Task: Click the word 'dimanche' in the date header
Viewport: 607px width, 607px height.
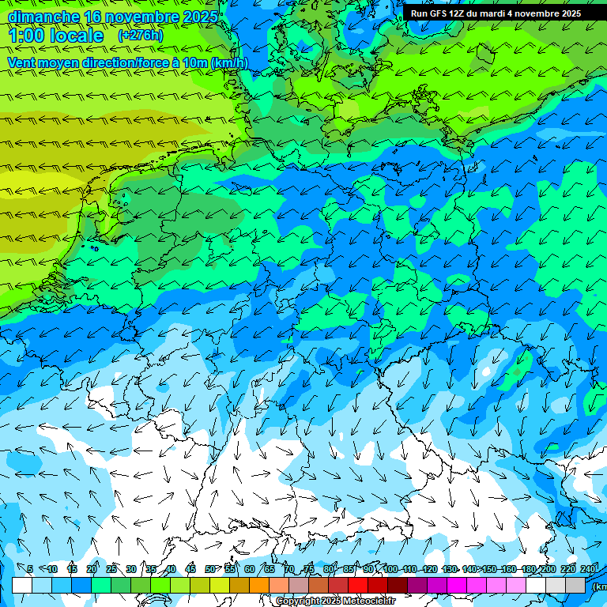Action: (x=43, y=17)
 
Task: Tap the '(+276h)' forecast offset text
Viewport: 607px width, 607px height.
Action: (x=141, y=36)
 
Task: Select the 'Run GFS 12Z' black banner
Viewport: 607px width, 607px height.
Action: (x=496, y=13)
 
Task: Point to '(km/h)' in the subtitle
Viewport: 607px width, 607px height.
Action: (x=228, y=62)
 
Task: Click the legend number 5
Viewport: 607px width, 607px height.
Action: (x=30, y=569)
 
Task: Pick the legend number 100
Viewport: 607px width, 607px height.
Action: (x=390, y=569)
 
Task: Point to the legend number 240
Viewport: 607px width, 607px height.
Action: (x=589, y=569)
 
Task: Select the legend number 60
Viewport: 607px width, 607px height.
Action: (x=250, y=569)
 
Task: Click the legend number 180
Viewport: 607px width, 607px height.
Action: (x=528, y=569)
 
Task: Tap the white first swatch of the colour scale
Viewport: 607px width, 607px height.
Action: (x=22, y=585)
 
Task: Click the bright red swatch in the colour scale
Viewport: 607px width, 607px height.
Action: (x=358, y=585)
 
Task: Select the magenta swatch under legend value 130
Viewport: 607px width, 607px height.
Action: (x=457, y=585)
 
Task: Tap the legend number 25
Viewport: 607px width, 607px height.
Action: (x=111, y=569)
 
